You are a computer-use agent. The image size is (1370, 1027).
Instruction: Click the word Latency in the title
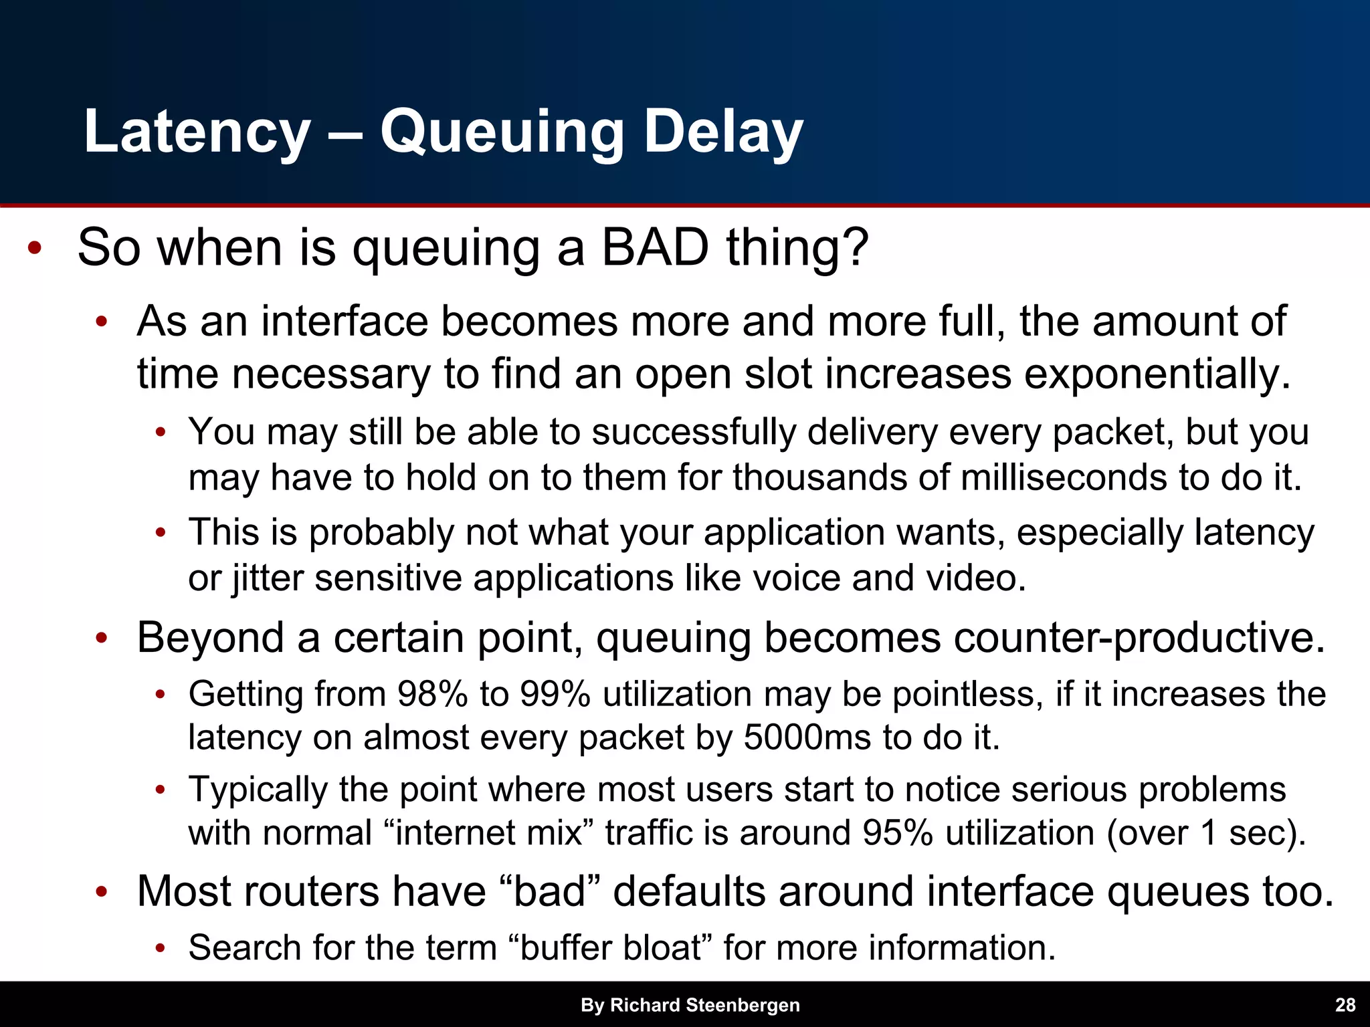(197, 132)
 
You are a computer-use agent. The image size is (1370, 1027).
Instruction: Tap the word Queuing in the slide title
(502, 132)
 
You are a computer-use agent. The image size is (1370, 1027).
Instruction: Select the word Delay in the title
(722, 132)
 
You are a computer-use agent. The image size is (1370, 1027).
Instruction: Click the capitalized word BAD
(654, 247)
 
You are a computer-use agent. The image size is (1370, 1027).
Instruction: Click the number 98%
(432, 694)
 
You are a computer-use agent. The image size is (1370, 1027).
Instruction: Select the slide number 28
(1345, 1005)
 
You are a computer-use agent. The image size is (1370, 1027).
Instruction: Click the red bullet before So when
(35, 249)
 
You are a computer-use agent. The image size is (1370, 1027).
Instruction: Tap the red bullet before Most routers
(101, 893)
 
